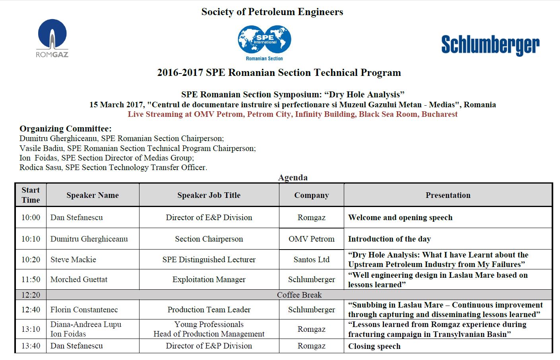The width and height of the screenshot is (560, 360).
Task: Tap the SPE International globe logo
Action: coord(264,41)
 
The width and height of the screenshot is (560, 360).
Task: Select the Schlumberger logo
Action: coord(490,45)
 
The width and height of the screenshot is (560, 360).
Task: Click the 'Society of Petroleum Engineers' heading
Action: coord(272,12)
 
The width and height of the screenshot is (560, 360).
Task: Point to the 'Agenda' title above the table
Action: coord(293,177)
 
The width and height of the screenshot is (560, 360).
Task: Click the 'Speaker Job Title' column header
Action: coord(209,195)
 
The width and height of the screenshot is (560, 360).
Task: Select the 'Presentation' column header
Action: coord(448,195)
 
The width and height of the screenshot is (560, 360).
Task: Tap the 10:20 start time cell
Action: coord(31,259)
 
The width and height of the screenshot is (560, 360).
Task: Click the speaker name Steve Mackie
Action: coord(73,259)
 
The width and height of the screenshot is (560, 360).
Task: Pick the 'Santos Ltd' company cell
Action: coord(311,259)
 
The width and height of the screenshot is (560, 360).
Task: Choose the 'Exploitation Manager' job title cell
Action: coord(209,279)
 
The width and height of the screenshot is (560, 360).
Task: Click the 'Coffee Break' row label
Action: coord(299,295)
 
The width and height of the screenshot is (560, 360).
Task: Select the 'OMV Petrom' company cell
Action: coord(311,239)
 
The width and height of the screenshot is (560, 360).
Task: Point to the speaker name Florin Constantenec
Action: coord(84,310)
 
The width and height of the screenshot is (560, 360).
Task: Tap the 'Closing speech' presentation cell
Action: coord(374,346)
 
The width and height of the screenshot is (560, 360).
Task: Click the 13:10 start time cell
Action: coord(31,329)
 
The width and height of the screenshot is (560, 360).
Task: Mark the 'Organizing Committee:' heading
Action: coord(66,129)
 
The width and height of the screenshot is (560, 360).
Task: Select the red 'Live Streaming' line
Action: coord(293,114)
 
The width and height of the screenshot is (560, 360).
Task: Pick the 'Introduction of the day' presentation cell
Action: coord(389,239)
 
